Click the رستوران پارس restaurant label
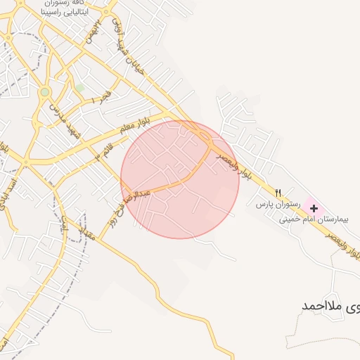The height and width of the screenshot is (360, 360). coord(278,204)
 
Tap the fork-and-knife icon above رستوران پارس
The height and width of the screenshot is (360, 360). coord(278,193)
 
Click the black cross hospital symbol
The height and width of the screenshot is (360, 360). coord(314,209)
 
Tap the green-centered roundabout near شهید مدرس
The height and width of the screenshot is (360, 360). coord(45,92)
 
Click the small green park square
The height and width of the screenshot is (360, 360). coord(79,88)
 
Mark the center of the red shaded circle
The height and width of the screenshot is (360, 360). coord(180,180)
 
